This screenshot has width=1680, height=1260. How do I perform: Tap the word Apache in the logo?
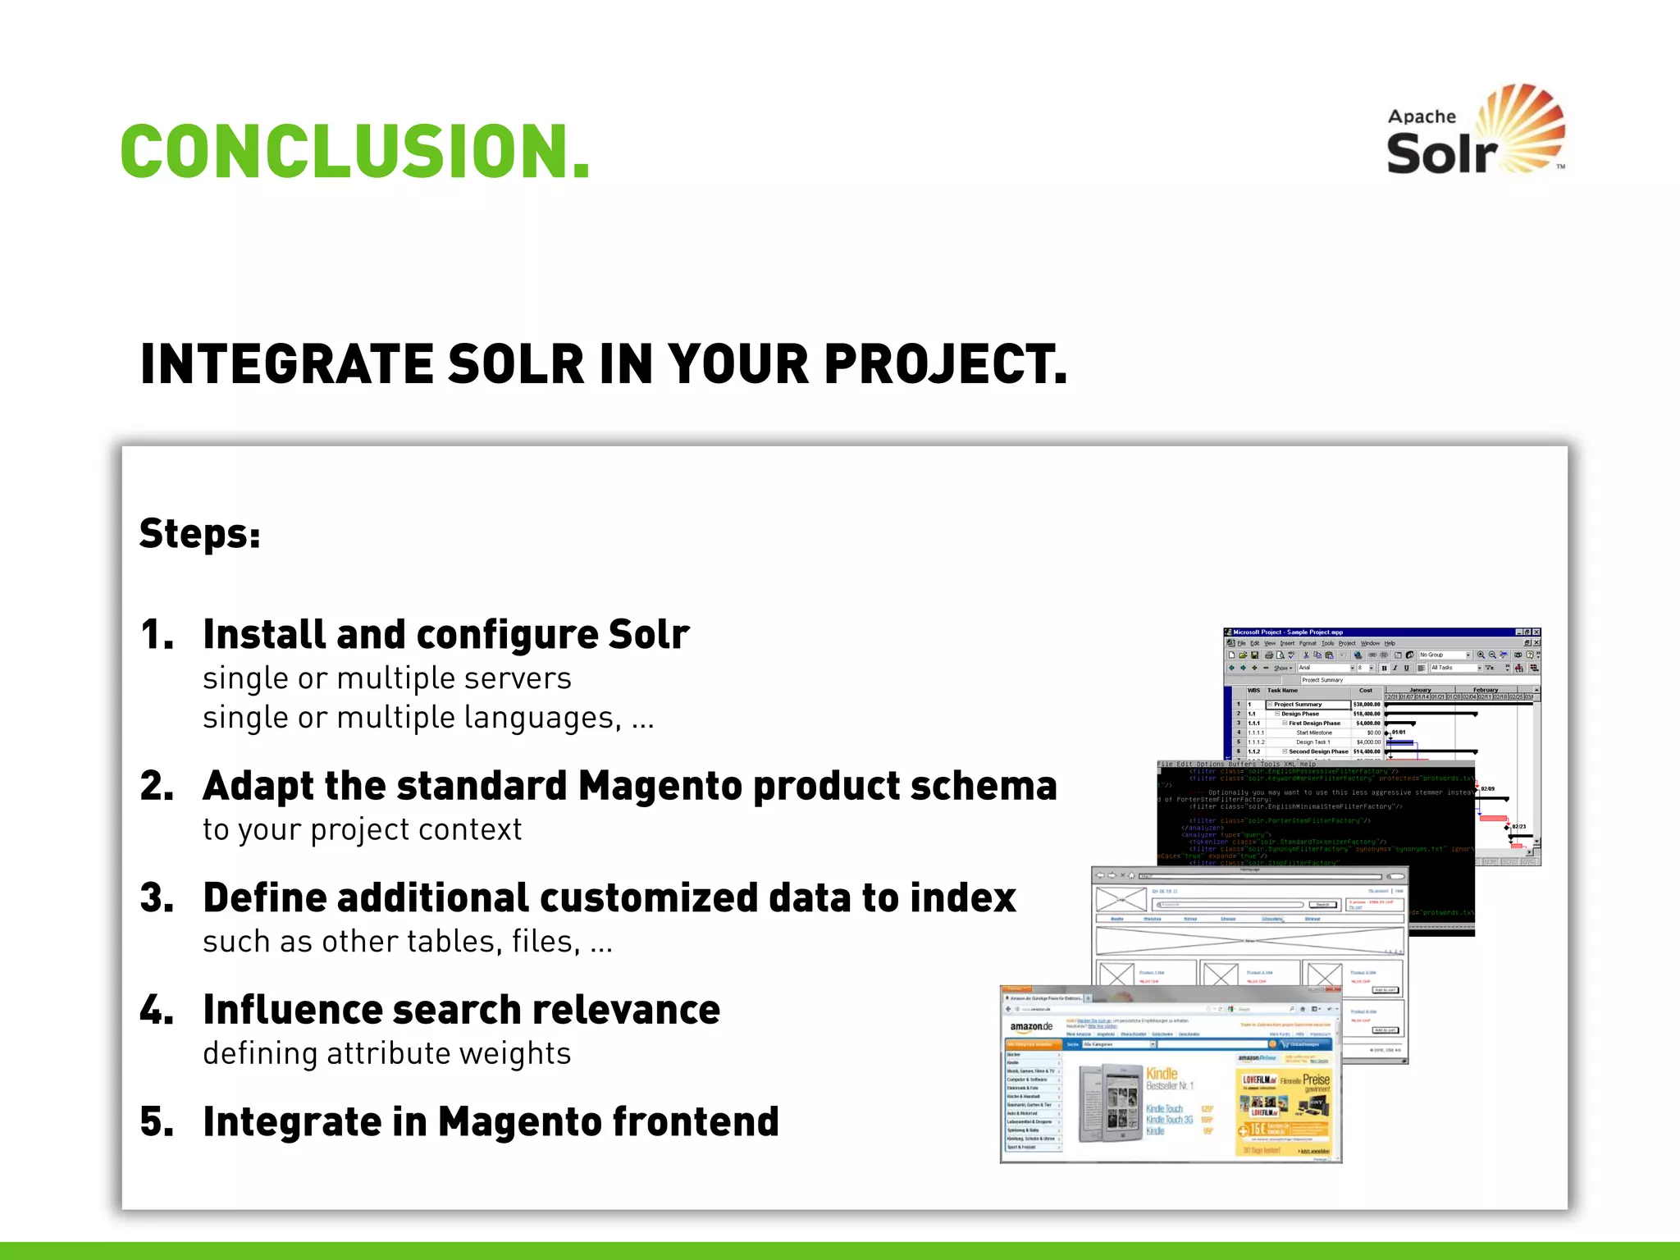coord(1421,117)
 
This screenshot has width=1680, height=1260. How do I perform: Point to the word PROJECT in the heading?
coord(943,364)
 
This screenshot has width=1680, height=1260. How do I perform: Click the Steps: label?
coord(199,534)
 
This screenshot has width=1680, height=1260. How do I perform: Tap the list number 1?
coord(156,635)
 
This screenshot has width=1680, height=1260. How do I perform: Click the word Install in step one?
coord(262,635)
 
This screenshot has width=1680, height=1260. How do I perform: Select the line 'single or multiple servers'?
coord(386,678)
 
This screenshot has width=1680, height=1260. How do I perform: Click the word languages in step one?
coord(541,719)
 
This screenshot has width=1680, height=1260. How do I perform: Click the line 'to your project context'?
coord(362,829)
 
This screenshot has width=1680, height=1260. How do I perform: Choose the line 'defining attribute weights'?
coord(386,1053)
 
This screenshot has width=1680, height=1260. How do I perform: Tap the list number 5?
coord(156,1122)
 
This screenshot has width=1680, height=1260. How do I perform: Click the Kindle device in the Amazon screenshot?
coord(1110,1103)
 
